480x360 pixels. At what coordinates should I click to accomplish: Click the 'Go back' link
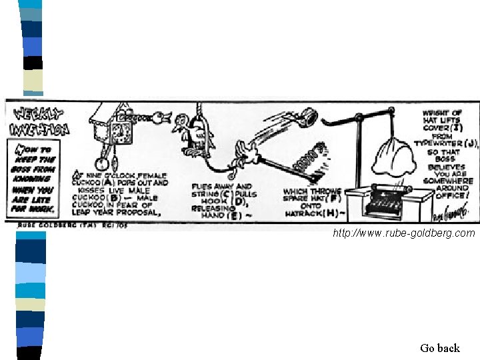click(x=440, y=348)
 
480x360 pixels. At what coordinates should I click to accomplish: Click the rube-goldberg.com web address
click(x=405, y=233)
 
